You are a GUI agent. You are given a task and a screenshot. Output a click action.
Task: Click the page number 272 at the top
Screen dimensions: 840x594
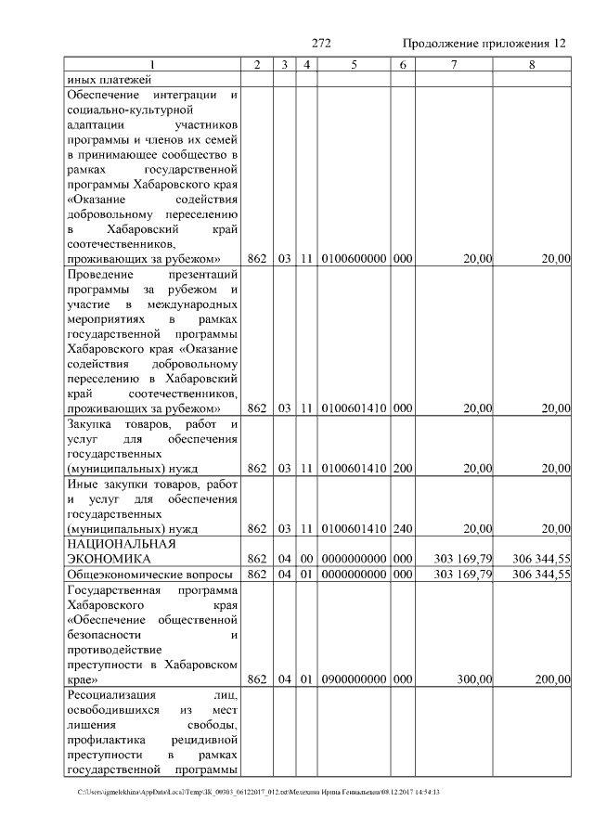click(322, 44)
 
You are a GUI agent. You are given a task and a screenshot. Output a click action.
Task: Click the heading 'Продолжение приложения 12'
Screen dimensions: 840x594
click(484, 44)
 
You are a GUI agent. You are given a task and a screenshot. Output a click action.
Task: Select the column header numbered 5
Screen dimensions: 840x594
click(354, 65)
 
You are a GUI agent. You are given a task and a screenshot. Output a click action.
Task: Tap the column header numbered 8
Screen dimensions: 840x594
click(532, 65)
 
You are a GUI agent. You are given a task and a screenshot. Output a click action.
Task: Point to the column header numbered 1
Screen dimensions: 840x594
click(153, 65)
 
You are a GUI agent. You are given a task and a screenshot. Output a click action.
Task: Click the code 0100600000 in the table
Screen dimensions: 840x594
click(354, 258)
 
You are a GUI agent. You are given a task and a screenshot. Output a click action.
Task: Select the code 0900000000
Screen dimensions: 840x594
click(354, 679)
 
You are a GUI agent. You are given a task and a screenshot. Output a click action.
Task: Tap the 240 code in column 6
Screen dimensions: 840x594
click(402, 528)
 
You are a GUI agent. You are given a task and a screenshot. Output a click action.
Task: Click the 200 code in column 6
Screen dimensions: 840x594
click(402, 468)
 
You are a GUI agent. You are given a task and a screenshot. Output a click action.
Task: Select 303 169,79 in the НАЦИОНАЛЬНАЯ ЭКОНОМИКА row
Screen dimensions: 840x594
click(462, 559)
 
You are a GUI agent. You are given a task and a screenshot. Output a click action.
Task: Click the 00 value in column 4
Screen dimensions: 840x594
click(305, 559)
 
